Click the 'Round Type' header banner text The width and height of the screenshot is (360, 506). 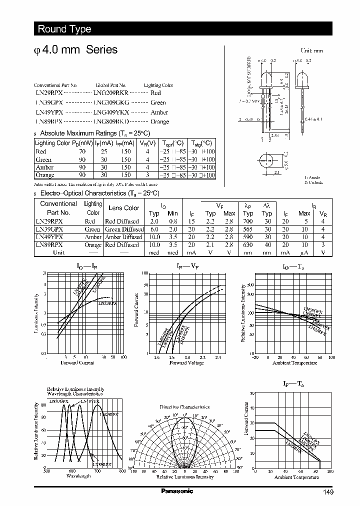coord(64,29)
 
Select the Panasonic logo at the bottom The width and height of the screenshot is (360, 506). coord(176,491)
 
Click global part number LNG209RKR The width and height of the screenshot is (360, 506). coord(111,93)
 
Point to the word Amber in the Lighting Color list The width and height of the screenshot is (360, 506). coord(159,112)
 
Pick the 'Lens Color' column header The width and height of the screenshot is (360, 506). coord(124,208)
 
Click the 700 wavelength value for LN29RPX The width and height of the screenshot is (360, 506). coord(248,221)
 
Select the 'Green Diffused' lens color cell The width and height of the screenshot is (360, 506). coord(123,229)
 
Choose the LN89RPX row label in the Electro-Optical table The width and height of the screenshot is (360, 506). coord(49,245)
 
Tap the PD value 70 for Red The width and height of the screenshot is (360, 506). coord(82,151)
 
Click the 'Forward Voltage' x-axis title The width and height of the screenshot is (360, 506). coord(186,363)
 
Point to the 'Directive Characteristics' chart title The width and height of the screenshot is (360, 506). coord(184,407)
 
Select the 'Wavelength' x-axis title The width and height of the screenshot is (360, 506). coord(78,476)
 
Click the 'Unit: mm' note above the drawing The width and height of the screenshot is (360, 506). coord(311,51)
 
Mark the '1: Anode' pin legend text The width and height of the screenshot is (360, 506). coord(312,177)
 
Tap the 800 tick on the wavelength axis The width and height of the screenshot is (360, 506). coord(122,471)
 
